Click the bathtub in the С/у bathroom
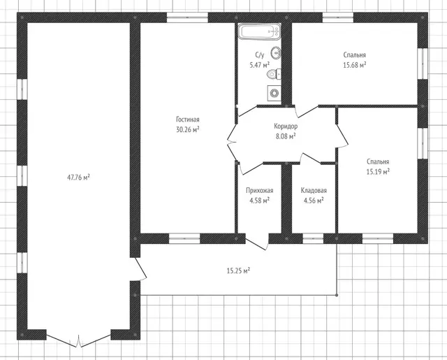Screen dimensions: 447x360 [x=259, y=31]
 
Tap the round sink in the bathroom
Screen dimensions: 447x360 [x=277, y=52]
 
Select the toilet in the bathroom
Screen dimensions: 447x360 [x=274, y=74]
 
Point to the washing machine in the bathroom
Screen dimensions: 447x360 [x=274, y=93]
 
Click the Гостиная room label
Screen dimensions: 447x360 [x=188, y=120]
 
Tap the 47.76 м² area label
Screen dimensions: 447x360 [x=78, y=178]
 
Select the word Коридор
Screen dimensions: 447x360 [x=286, y=126]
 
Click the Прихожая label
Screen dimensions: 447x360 [x=259, y=190]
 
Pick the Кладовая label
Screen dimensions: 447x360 [x=314, y=190]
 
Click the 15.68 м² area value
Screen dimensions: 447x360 [x=355, y=65]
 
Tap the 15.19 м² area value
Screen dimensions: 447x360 [x=378, y=172]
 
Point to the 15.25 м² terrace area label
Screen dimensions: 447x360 [x=238, y=271]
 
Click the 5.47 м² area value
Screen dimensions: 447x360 [x=259, y=65]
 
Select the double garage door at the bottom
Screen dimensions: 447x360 [x=78, y=340]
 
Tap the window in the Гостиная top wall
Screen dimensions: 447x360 [x=187, y=17]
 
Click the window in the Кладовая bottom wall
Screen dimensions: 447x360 [x=313, y=238]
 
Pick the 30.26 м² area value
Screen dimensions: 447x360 [x=188, y=129]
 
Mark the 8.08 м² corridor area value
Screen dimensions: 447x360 [x=286, y=136]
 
